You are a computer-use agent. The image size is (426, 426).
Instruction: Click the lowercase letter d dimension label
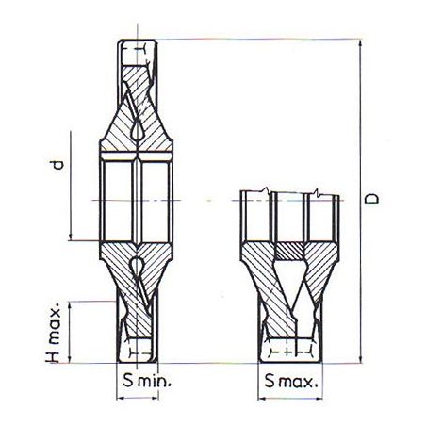point(57,167)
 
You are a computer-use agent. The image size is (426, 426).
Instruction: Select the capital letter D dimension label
point(373,200)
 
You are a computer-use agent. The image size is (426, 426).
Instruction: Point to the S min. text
point(139,383)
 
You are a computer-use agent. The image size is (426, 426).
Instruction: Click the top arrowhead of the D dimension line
point(361,42)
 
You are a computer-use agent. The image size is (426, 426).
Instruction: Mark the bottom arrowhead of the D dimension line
point(361,359)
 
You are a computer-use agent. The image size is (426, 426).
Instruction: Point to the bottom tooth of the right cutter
point(290,350)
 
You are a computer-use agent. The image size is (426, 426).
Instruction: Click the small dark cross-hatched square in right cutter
point(290,251)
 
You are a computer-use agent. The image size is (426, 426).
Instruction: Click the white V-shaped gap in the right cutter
point(290,292)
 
